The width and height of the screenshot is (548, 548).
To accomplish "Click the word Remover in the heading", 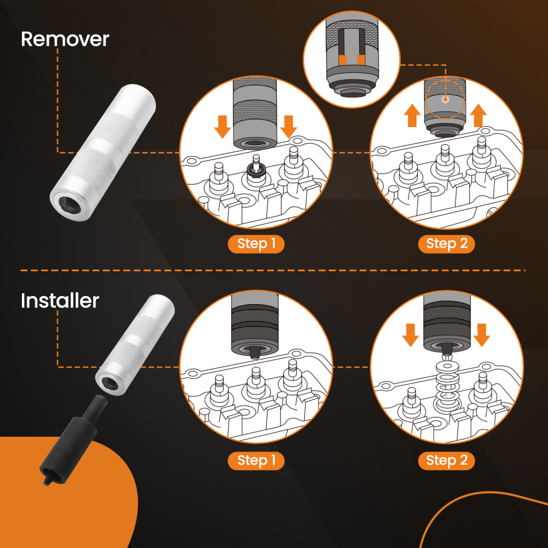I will (x=65, y=39).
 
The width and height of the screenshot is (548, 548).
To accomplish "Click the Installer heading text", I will (x=60, y=301).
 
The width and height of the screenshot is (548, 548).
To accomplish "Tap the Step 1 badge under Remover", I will (x=256, y=243).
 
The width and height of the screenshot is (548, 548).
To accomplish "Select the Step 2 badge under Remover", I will (x=447, y=243).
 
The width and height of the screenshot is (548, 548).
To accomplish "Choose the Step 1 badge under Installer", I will (x=256, y=460).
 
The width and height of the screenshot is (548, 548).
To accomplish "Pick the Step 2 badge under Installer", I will (x=447, y=460).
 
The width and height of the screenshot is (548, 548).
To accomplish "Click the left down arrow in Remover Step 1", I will (x=222, y=126).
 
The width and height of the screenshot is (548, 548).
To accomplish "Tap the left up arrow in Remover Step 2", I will (x=413, y=116).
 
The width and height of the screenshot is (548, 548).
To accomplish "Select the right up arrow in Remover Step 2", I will (x=478, y=116).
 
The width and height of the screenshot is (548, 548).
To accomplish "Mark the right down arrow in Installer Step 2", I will (x=481, y=334).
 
